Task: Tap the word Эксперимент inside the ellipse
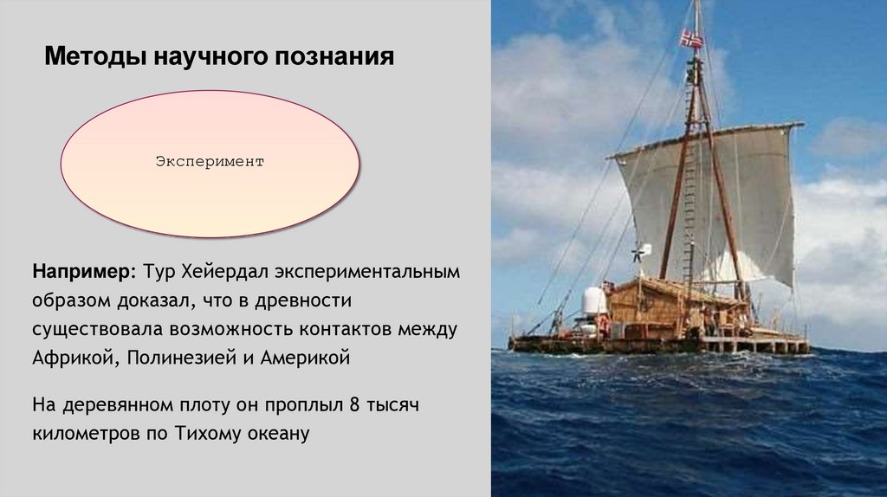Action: (210, 162)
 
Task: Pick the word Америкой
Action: (305, 358)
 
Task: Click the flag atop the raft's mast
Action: (691, 38)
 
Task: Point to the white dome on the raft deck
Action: (595, 300)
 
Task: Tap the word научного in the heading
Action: (211, 58)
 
